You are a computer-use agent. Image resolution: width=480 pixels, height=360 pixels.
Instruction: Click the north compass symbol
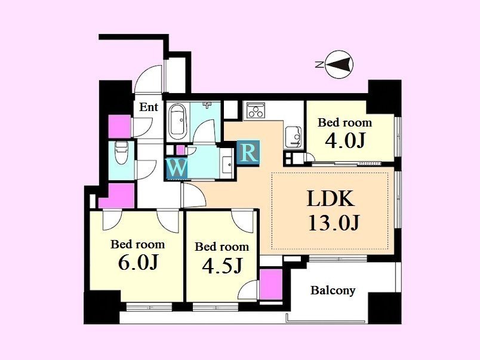click(339, 64)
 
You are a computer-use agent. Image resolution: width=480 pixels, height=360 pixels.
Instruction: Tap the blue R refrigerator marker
click(248, 152)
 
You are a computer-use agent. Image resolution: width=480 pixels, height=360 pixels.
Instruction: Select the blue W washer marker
click(177, 168)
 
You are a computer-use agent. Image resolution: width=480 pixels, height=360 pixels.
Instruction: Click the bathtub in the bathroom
click(177, 122)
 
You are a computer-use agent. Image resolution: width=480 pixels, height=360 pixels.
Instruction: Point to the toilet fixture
click(122, 152)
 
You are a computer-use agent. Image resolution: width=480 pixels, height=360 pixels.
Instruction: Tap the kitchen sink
click(293, 137)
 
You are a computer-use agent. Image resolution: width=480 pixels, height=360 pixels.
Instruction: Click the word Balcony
click(333, 290)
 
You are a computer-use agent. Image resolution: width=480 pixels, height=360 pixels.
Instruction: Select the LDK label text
click(331, 199)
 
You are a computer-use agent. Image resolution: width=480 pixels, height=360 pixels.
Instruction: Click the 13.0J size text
click(334, 223)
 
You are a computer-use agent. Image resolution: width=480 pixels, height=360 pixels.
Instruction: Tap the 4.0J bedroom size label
click(344, 141)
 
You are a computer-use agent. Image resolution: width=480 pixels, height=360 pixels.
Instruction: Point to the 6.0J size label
click(138, 262)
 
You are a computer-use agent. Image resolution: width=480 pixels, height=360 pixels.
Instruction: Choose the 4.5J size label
click(222, 265)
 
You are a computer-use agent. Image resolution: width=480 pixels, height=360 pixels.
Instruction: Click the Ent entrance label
click(149, 107)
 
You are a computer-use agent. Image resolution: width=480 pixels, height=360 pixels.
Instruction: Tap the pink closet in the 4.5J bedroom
click(271, 285)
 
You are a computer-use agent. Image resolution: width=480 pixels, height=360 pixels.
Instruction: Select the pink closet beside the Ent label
click(119, 127)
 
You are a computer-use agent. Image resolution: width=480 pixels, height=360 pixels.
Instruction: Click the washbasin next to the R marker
click(227, 164)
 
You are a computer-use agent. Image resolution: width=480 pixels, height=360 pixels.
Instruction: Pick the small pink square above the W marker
click(181, 150)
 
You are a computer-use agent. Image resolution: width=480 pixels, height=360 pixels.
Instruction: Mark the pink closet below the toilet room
click(117, 196)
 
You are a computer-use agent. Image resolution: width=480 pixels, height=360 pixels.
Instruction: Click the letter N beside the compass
click(319, 64)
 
